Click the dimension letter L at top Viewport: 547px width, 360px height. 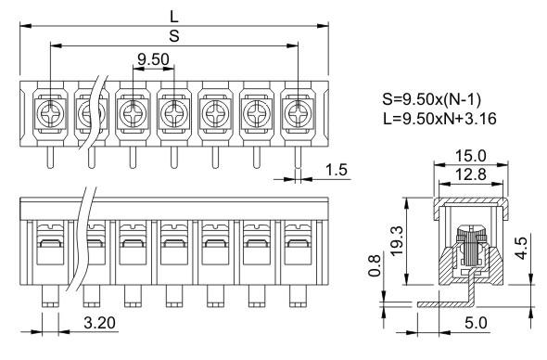click(174, 17)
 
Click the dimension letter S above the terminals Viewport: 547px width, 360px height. click(174, 35)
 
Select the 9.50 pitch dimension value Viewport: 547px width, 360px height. click(153, 59)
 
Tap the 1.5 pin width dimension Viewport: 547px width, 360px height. click(337, 170)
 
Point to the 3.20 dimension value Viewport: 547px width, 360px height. click(99, 323)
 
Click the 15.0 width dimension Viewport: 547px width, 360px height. click(471, 155)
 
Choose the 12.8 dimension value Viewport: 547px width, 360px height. click(471, 174)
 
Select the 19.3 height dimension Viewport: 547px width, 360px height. click(397, 241)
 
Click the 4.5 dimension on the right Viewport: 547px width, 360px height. click(522, 249)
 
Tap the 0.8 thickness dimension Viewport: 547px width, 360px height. click(375, 265)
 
